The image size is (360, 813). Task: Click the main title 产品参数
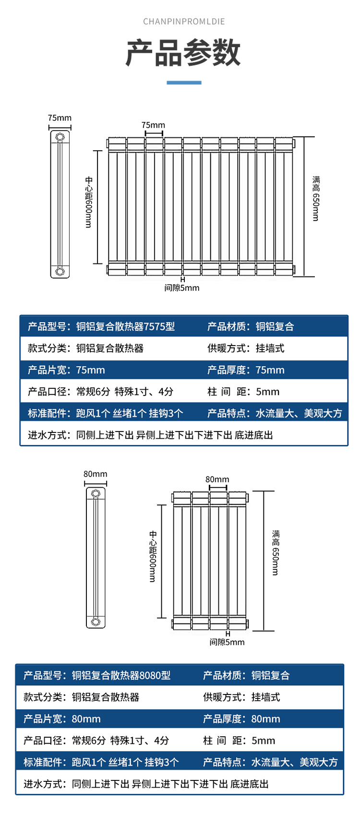point(183,52)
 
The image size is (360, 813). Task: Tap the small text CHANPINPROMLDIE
point(184,22)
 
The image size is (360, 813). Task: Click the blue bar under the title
point(184,83)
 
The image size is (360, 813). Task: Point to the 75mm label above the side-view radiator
point(60,118)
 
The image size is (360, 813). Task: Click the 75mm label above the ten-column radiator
point(153,125)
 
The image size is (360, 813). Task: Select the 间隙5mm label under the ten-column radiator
point(181,288)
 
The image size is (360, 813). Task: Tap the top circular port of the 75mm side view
point(60,137)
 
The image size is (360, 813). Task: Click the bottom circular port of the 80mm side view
point(96,622)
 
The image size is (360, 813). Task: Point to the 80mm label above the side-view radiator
point(96,474)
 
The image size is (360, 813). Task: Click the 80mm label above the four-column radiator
point(217,479)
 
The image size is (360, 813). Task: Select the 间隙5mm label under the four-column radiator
point(227,642)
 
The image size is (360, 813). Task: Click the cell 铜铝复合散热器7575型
point(125,327)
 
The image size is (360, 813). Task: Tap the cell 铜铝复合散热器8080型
point(121,676)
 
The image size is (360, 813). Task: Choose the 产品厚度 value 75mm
point(270,370)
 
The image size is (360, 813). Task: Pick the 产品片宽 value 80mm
point(86,719)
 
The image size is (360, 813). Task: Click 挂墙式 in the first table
point(270,348)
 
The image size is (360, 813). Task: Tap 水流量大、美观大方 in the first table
point(299,413)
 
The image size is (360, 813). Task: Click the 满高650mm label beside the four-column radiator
point(276,552)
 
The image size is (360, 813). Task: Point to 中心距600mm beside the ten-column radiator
point(89,202)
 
